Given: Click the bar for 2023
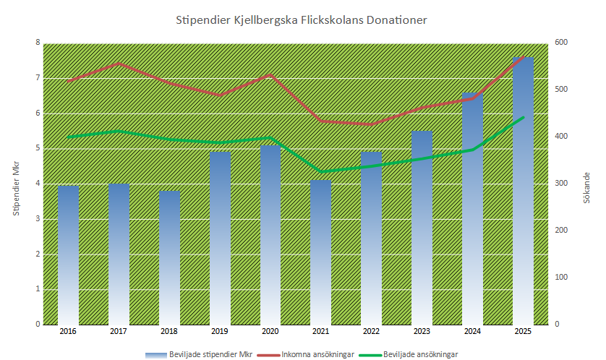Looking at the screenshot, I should click(422, 227).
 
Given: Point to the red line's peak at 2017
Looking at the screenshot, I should click(119, 64).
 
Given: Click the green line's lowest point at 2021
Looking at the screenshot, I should click(321, 171).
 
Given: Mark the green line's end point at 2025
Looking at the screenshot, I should click(523, 117).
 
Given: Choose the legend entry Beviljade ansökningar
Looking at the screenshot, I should click(420, 354).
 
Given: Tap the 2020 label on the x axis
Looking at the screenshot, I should click(270, 331).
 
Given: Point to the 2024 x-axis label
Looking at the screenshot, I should click(472, 331).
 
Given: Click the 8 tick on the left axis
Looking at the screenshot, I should click(38, 43).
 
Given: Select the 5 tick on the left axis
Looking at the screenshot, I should click(38, 148).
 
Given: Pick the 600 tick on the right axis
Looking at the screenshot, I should click(561, 43).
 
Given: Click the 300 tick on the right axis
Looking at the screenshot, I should click(561, 184).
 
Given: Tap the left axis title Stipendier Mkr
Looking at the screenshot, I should click(15, 184).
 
